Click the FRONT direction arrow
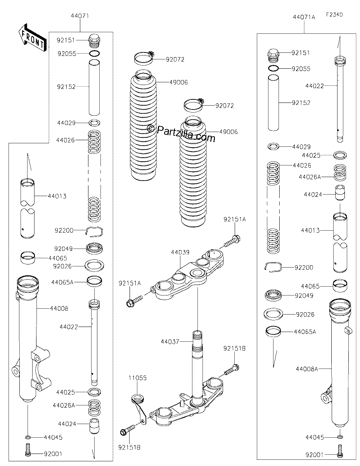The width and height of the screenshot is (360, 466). (33, 38)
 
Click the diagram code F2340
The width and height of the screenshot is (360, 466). (334, 15)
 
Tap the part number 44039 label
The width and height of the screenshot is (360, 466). (180, 252)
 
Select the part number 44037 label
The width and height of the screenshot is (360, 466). (170, 341)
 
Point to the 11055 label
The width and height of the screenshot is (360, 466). (137, 377)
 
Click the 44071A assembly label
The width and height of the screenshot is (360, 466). (304, 17)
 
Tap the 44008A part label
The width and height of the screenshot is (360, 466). (307, 369)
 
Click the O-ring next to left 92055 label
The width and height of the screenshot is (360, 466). (94, 54)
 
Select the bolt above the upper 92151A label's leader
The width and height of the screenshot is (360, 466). (232, 241)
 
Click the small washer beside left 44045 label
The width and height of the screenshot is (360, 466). (28, 437)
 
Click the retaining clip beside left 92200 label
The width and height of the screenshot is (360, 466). (94, 231)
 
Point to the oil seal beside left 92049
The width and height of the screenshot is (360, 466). (94, 248)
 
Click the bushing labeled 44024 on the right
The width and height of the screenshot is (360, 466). (340, 192)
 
